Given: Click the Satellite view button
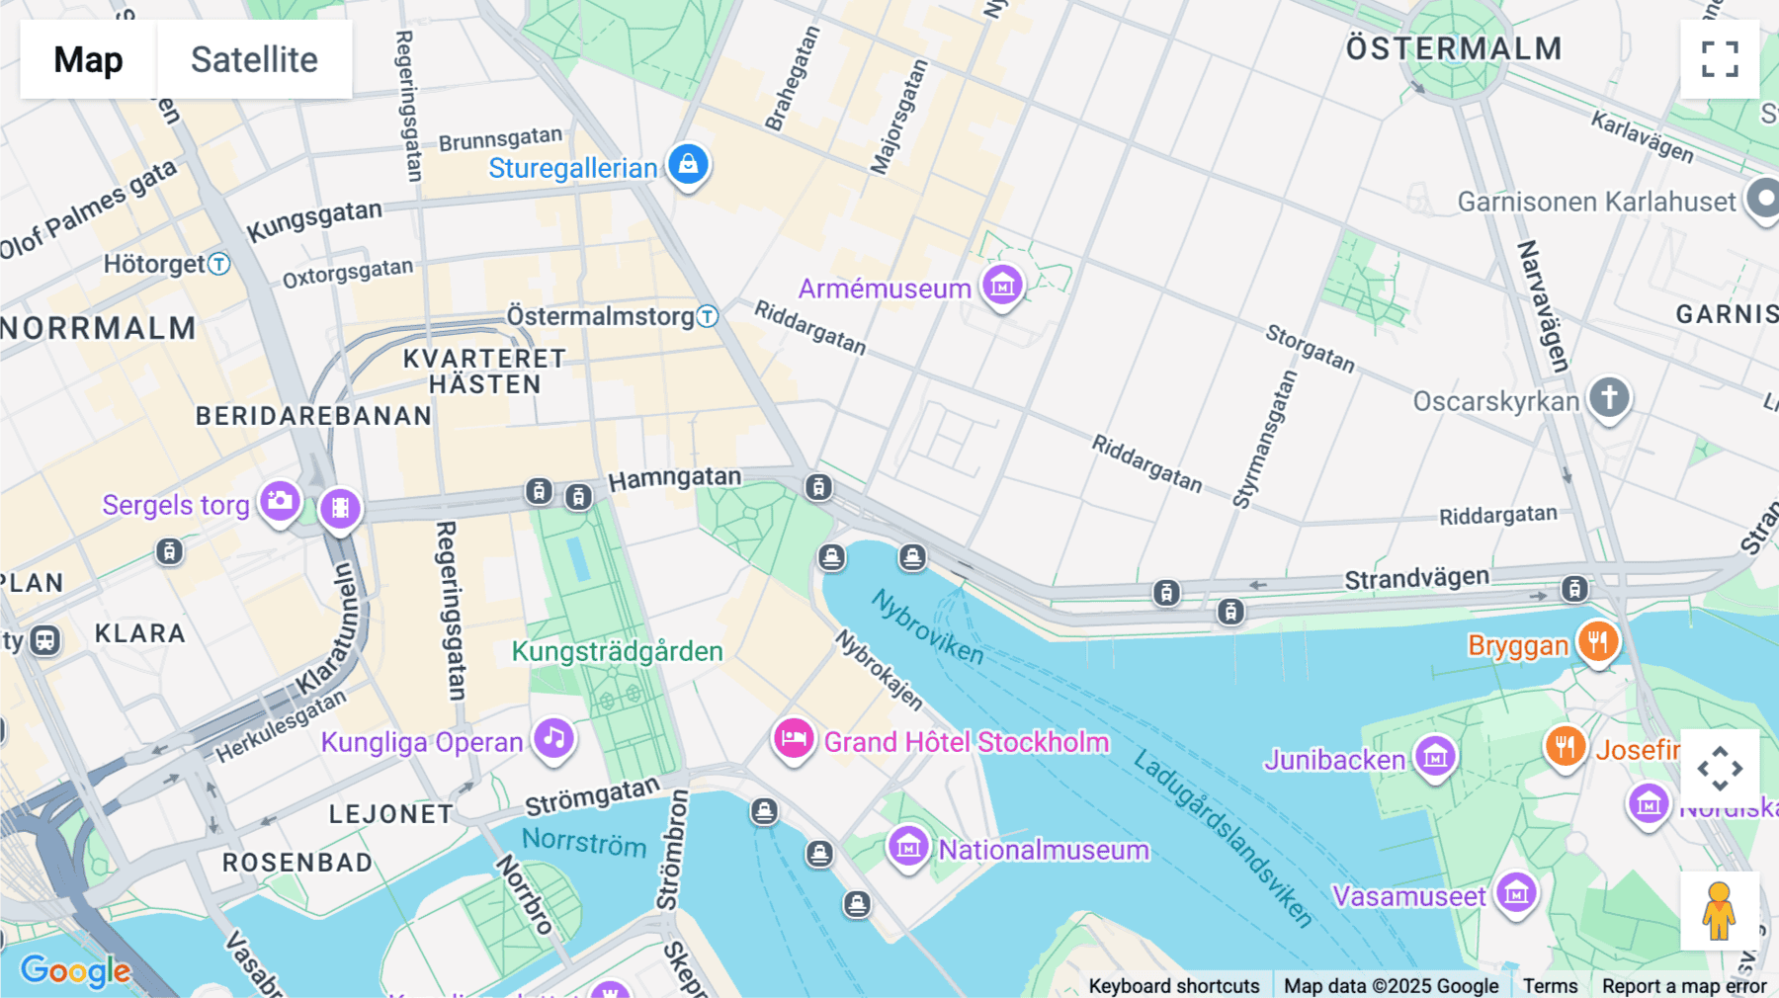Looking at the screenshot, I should pos(254,59).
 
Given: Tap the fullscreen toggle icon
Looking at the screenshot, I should pos(1720,59).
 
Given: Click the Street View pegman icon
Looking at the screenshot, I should pos(1719,911).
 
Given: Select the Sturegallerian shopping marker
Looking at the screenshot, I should pos(688,164).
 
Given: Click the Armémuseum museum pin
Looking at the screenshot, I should pos(1002,285).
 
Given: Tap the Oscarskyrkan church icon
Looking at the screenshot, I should pos(1609,398).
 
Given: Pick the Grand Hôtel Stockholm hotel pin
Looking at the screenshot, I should pos(794,738).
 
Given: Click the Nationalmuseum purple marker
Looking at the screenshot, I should pos(908,846).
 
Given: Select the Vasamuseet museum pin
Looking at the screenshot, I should pos(1516,893).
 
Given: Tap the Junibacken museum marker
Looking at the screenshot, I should pos(1435,757).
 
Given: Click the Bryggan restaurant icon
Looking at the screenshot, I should pos(1598,641).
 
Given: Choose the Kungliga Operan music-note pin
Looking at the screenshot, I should pos(554,738).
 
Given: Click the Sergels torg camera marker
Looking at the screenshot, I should pos(281,501).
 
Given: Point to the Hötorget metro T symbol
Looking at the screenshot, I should pos(219,264).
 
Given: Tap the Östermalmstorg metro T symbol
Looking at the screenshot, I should pos(707,316).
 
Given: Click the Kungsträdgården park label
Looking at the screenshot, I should pos(617,652).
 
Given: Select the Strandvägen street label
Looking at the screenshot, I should pos(1416,578).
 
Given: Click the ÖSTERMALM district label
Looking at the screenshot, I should pos(1454,48).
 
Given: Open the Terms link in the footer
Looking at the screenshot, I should pos(1550,986).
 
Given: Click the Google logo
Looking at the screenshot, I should pos(75,971).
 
